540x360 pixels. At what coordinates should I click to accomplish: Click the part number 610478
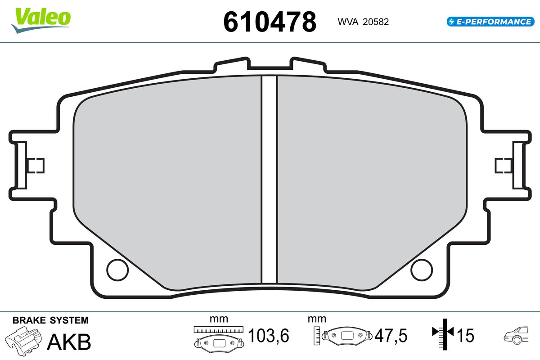[270, 22]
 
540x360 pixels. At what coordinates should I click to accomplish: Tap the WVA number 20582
[376, 22]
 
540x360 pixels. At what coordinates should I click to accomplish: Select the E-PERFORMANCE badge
[490, 22]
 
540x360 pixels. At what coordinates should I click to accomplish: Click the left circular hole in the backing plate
[117, 270]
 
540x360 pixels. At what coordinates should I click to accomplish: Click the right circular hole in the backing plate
[422, 270]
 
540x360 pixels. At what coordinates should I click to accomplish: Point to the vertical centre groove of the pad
[269, 180]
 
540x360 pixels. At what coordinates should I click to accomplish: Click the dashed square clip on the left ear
[36, 166]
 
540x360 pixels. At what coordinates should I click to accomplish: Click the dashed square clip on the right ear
[504, 166]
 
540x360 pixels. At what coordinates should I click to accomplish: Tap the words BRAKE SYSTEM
[50, 320]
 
